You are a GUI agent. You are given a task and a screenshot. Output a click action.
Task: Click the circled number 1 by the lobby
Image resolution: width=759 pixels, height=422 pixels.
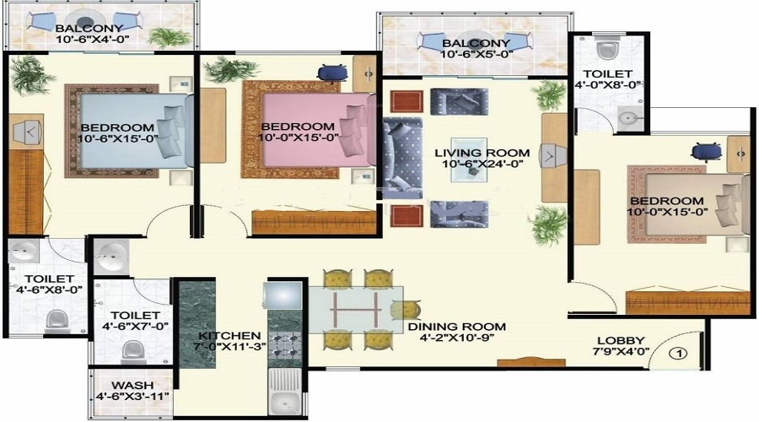pyautogui.click(x=678, y=354)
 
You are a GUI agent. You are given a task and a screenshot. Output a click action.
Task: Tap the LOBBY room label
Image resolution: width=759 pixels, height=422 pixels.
pyautogui.click(x=621, y=341)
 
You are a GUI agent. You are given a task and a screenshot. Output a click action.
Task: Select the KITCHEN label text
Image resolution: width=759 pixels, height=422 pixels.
pyautogui.click(x=229, y=335)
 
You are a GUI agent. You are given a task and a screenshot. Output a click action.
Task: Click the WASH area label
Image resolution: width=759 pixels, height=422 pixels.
pyautogui.click(x=132, y=385)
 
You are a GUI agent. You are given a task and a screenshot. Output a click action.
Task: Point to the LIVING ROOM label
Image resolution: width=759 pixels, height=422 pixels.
pyautogui.click(x=482, y=153)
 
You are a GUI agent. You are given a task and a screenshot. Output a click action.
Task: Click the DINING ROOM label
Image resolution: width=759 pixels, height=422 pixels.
pyautogui.click(x=456, y=327)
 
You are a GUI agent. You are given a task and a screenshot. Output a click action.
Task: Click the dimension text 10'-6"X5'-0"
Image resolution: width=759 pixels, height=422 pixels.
pyautogui.click(x=476, y=54)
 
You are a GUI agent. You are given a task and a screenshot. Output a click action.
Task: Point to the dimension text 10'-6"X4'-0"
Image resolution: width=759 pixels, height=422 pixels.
pyautogui.click(x=92, y=39)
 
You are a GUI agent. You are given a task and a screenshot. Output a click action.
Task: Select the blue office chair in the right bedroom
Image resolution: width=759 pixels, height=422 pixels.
pyautogui.click(x=707, y=152)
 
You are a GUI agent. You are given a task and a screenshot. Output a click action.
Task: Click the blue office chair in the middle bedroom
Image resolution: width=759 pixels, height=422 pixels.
pyautogui.click(x=332, y=73)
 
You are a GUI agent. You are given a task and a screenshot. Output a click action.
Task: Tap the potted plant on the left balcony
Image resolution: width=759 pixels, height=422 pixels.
pyautogui.click(x=170, y=37)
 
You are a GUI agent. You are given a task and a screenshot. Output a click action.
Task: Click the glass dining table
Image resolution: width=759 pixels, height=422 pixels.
pyautogui.click(x=356, y=310)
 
